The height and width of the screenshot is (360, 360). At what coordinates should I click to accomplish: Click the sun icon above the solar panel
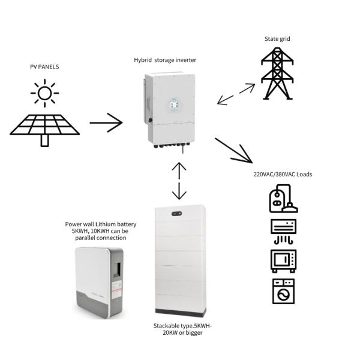44,94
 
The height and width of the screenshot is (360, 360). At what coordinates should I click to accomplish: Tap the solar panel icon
44,127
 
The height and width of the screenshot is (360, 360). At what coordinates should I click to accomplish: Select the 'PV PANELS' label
44,67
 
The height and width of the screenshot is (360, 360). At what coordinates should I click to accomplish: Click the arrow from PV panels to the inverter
106,123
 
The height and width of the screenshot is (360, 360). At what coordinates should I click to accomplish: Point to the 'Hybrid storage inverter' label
165,60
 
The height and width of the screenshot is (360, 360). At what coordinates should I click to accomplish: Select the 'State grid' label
277,39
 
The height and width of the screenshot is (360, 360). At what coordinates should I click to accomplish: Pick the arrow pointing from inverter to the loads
234,151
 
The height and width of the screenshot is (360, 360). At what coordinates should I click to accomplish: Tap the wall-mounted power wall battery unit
99,283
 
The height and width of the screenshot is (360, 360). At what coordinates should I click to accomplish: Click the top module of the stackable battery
180,213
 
